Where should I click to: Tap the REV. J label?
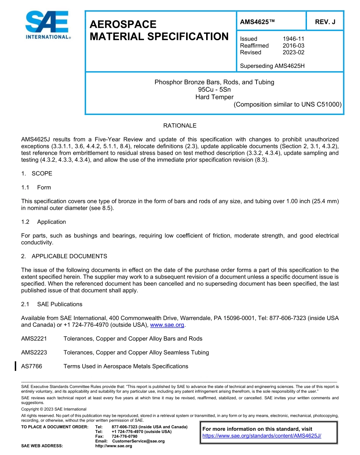click(325, 22)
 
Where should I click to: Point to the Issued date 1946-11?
click(293, 39)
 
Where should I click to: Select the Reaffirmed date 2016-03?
click(293, 45)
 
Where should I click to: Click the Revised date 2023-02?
click(293, 52)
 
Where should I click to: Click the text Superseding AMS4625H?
click(272, 66)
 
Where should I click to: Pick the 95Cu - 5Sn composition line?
click(214, 89)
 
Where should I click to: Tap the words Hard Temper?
click(214, 97)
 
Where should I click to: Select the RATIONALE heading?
click(180, 126)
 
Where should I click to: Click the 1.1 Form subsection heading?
click(36, 187)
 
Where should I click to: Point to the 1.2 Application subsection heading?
click(44, 222)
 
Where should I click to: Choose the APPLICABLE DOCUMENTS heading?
click(69, 256)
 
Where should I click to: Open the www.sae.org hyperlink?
click(167, 325)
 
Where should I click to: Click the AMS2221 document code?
click(34, 339)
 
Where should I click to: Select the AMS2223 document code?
click(34, 353)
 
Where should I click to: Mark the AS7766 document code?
click(32, 366)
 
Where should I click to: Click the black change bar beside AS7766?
click(15, 366)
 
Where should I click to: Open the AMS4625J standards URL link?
click(261, 436)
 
